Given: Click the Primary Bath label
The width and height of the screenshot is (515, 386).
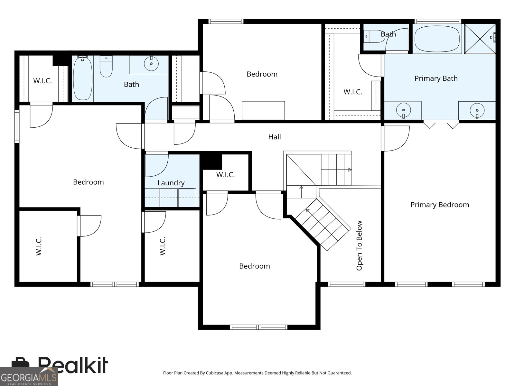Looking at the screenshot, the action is (436, 78).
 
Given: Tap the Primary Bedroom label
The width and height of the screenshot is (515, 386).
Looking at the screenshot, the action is (440, 205).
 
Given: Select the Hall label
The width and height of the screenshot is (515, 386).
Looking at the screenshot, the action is (275, 137).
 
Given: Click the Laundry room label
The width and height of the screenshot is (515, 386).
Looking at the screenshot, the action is (171, 183).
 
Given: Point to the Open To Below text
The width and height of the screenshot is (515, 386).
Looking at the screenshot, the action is (359, 245).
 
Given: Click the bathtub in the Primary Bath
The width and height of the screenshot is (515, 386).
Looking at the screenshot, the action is (437, 39).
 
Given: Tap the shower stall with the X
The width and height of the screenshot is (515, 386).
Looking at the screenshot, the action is (480, 39).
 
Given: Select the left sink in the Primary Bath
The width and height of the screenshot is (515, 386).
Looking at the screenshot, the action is (404, 110).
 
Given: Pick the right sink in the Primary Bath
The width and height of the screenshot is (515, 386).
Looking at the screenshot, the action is (477, 111).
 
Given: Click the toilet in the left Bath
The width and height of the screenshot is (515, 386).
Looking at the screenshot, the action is (106, 66).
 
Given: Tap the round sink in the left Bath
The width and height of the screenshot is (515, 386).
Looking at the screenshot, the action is (151, 63).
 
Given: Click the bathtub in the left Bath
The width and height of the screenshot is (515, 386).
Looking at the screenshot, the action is (83, 78).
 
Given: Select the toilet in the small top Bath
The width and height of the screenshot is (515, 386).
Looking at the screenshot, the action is (375, 36).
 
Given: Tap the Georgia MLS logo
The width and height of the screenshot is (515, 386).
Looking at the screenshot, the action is (29, 376).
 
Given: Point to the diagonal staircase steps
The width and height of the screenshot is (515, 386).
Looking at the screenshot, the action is (323, 225).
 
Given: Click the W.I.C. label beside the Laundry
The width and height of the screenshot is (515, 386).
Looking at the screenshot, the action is (226, 175).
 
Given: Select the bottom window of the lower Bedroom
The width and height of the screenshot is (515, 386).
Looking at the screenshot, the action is (258, 327).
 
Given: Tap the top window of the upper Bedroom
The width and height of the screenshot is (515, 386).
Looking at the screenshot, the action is (226, 22).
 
